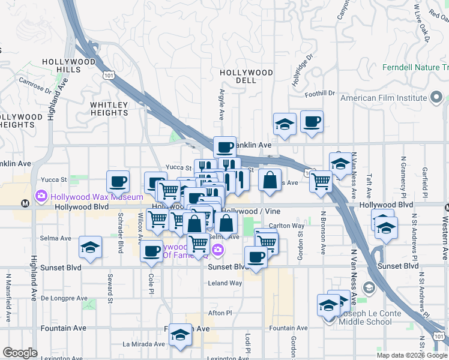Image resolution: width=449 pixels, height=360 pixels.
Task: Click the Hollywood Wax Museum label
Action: pyautogui.click(x=97, y=196)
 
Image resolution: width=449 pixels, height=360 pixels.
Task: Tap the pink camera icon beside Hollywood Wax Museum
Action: pyautogui.click(x=41, y=196)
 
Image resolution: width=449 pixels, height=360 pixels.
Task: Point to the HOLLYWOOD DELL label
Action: pyautogui.click(x=246, y=76)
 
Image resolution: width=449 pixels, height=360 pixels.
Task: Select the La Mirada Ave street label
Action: pyautogui.click(x=143, y=344)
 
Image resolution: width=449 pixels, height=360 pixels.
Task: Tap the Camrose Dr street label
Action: pyautogui.click(x=35, y=85)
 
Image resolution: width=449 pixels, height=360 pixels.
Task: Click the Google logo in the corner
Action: pyautogui.click(x=20, y=353)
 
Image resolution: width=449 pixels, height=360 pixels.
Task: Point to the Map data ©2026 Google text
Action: pyautogui.click(x=411, y=355)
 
